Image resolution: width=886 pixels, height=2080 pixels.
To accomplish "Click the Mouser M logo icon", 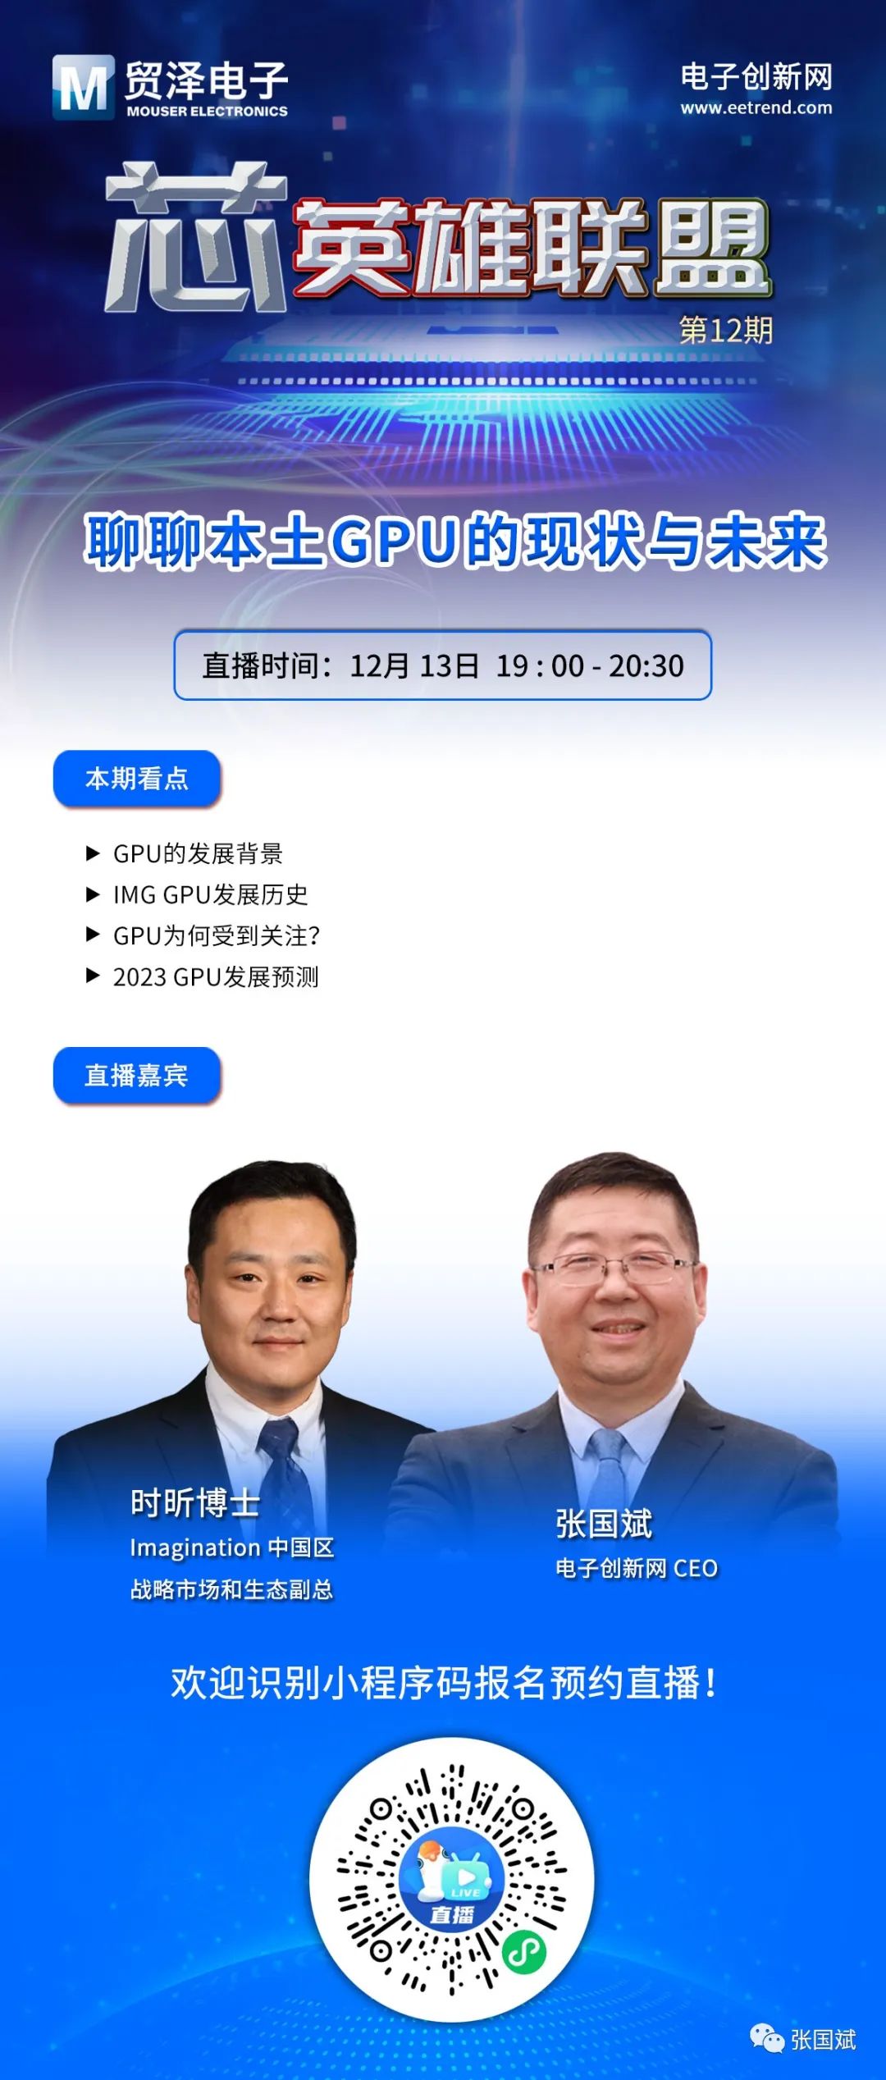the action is [x=83, y=86].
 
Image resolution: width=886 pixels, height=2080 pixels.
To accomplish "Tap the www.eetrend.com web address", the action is [x=756, y=107].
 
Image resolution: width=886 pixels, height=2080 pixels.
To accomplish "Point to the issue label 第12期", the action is [x=726, y=330].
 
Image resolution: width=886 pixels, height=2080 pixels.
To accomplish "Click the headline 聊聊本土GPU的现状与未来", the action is [x=455, y=541].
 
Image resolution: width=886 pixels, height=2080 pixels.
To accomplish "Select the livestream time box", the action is [x=442, y=665].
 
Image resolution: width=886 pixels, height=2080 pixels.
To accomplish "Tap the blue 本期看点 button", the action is [x=137, y=778].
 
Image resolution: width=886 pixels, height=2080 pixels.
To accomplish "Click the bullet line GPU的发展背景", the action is [x=185, y=853].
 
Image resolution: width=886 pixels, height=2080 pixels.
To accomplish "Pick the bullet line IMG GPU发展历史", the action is [x=197, y=894].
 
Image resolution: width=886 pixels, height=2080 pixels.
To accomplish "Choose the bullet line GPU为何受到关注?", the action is [x=203, y=935].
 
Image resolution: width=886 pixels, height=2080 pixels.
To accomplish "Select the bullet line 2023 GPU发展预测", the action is [x=202, y=976].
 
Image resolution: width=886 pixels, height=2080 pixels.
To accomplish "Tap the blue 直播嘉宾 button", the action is [x=137, y=1075].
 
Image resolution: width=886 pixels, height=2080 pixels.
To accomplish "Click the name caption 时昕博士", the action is [x=195, y=1503].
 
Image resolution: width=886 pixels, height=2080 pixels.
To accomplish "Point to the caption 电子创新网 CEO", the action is [x=637, y=1568].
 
